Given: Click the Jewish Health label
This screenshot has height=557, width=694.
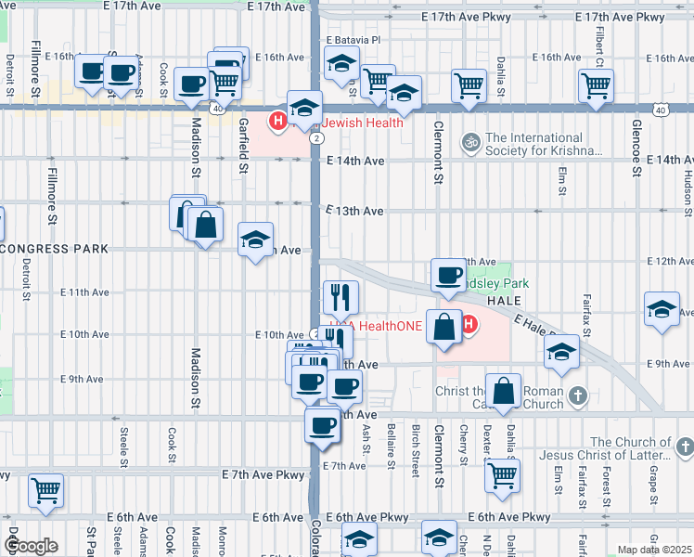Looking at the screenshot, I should tap(363, 122).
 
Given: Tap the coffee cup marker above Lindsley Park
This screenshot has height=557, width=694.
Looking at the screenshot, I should tap(449, 276).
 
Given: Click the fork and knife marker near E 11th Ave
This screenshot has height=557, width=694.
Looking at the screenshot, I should tap(341, 297).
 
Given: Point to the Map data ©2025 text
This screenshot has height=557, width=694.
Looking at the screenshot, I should tap(653, 550).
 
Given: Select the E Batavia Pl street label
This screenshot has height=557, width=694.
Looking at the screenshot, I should tap(353, 41).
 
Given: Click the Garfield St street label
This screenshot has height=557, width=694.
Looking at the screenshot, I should tap(243, 146).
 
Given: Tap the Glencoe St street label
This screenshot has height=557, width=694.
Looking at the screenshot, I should tap(636, 146).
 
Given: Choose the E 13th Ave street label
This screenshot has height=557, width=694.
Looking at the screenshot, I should tap(354, 211).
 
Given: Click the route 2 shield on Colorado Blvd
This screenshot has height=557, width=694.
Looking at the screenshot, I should tap(317, 137).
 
